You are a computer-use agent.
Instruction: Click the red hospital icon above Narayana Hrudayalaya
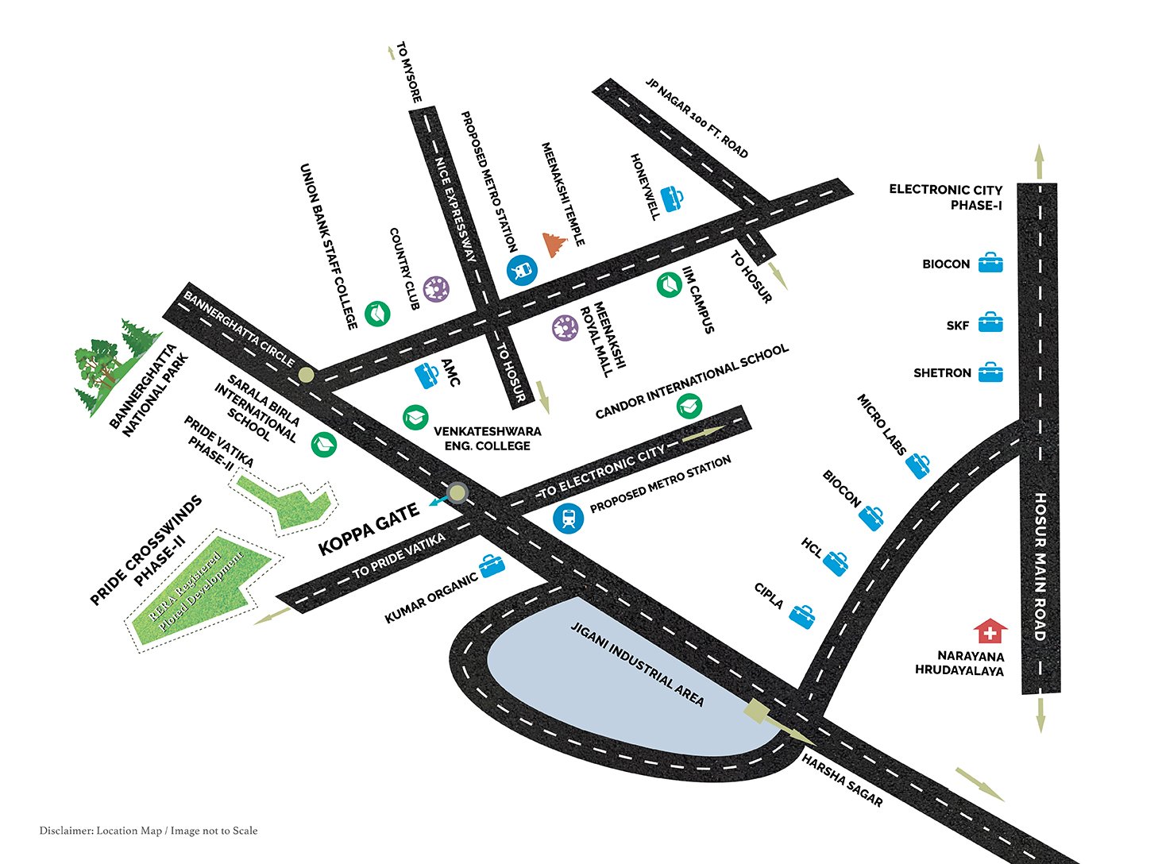coord(990,632)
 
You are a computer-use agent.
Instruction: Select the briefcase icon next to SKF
coord(990,322)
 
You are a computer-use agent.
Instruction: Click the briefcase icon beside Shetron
coord(990,372)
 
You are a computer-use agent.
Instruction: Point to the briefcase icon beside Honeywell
coord(672,198)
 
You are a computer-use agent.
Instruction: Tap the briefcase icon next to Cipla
coord(802,615)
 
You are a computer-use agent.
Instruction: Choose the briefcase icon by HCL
coord(836,562)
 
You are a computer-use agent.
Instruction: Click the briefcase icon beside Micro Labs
coord(918,465)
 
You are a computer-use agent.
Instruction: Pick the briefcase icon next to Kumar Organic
coord(492,565)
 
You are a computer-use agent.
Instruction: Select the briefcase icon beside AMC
coord(427,374)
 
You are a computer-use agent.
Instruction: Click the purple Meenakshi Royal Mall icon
coord(565,327)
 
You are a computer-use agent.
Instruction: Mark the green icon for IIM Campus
coord(669,284)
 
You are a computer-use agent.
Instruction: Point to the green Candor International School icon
coord(689,407)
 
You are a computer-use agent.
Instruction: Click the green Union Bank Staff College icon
coord(377,314)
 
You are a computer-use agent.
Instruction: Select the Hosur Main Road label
coord(1040,566)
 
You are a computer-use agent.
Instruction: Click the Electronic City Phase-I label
coord(945,197)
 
